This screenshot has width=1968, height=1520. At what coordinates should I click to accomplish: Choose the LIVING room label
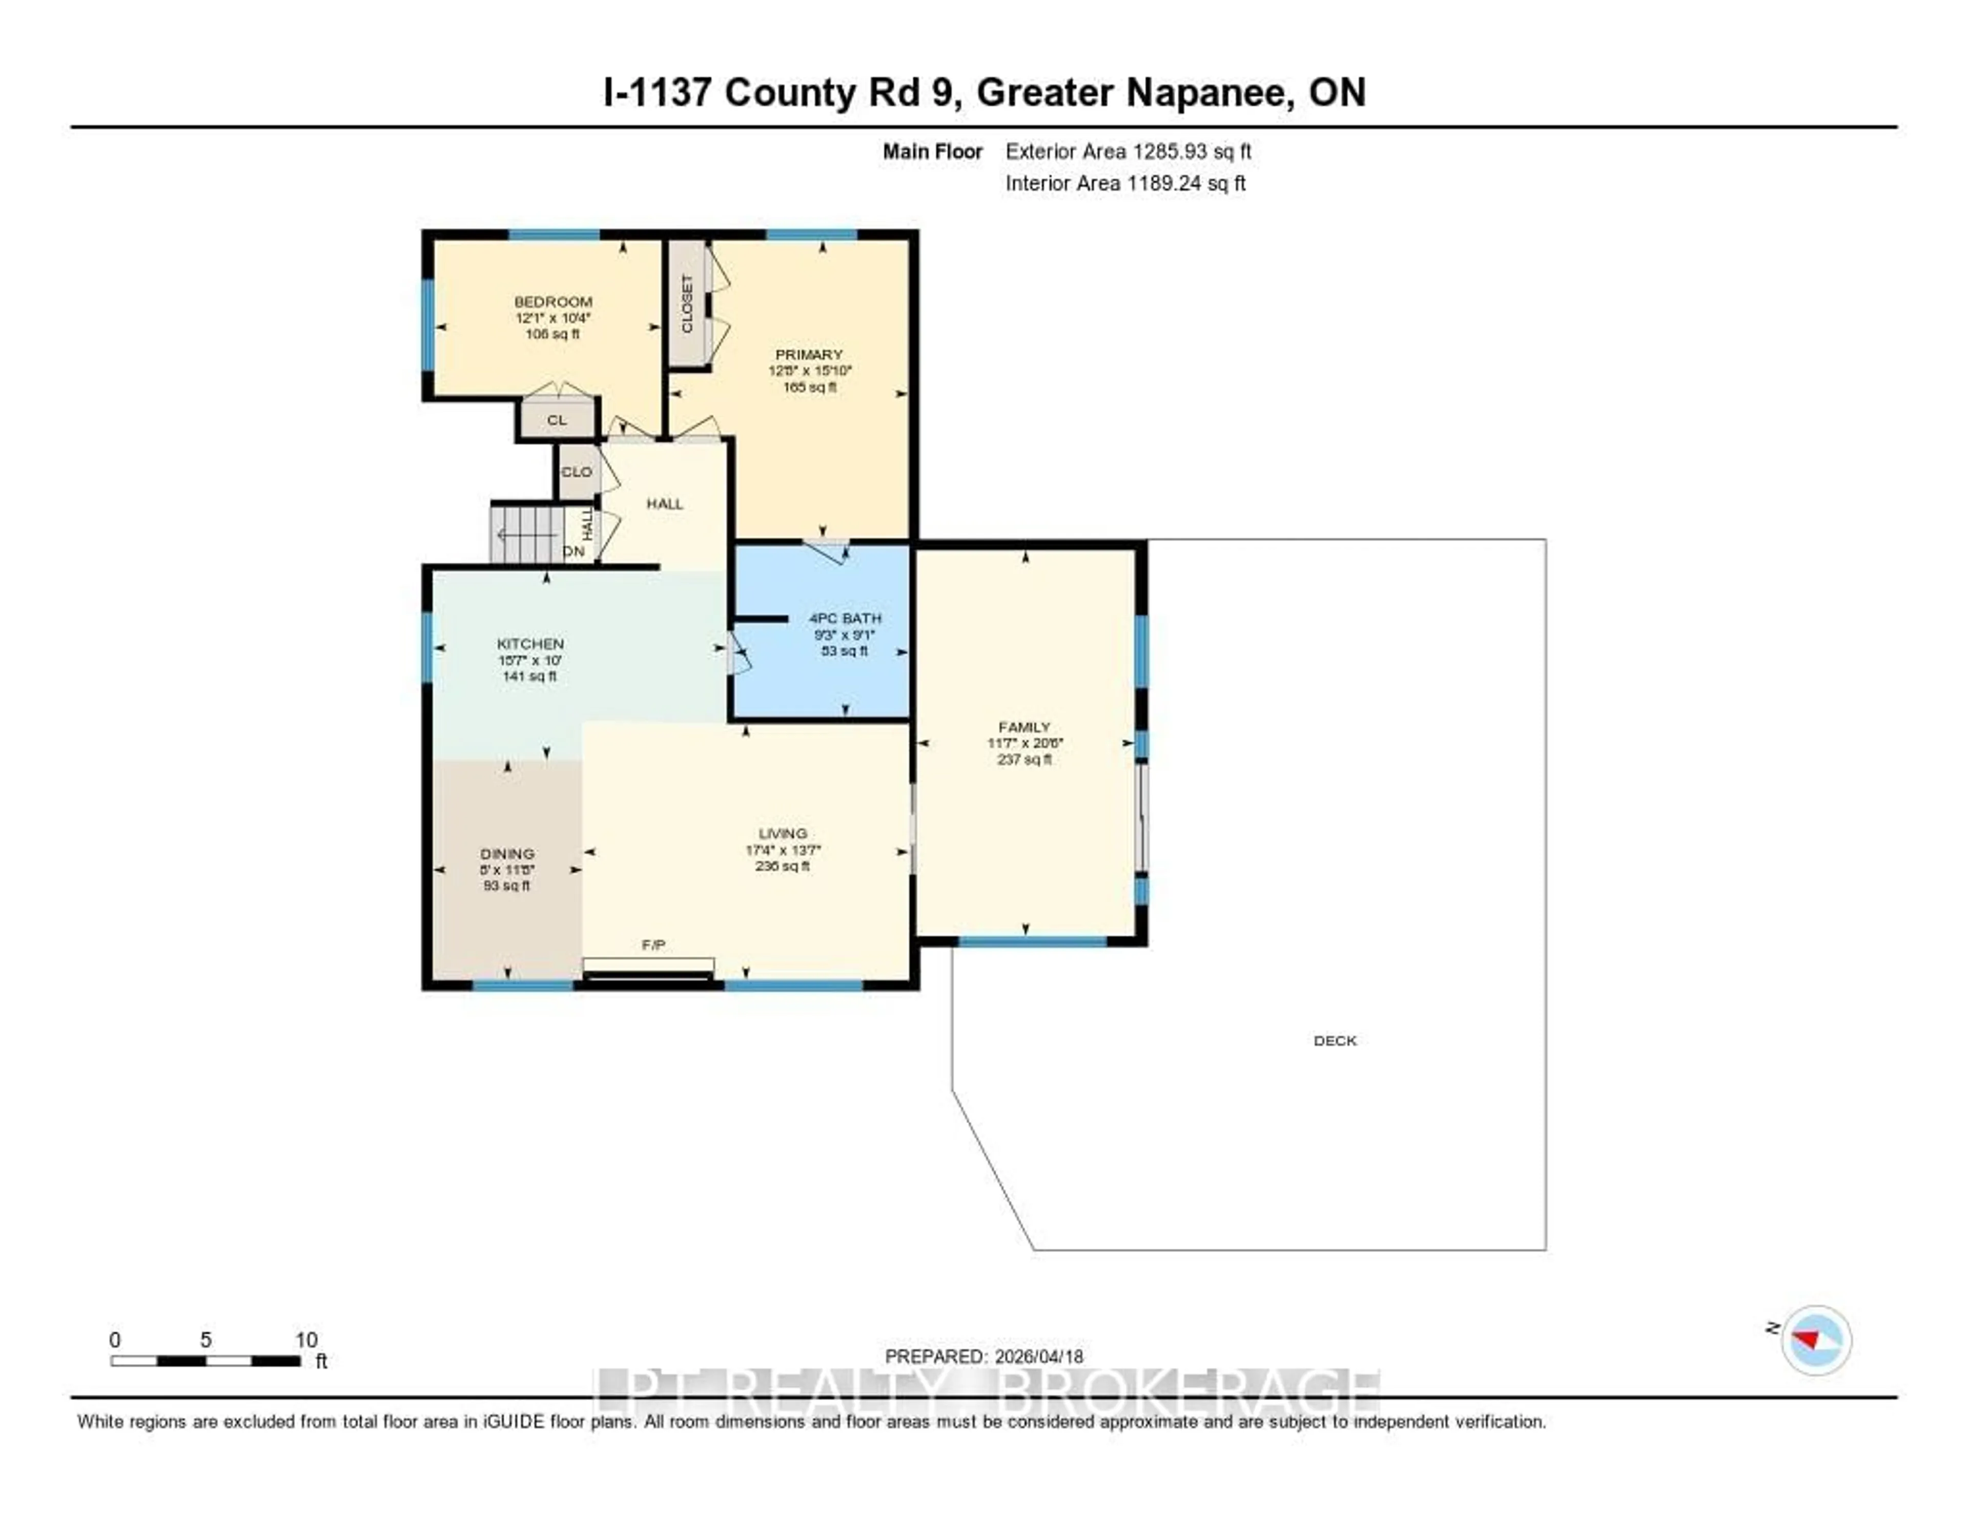[x=782, y=833]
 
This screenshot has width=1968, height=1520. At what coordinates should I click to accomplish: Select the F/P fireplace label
[x=653, y=944]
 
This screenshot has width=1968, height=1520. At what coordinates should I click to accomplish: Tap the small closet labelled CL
[x=557, y=420]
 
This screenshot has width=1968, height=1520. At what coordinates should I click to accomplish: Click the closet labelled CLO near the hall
[x=577, y=472]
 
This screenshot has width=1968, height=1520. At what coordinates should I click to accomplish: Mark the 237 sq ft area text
[x=1023, y=759]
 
